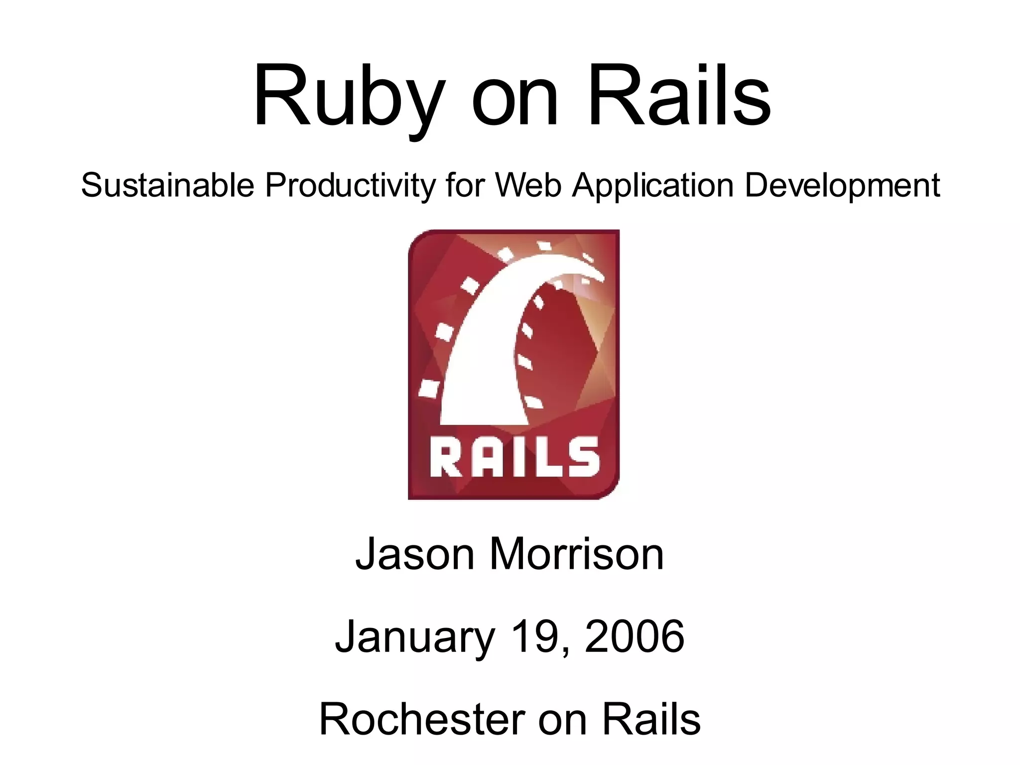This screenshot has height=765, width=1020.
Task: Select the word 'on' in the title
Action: [x=515, y=102]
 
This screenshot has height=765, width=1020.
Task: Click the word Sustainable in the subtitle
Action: [x=168, y=185]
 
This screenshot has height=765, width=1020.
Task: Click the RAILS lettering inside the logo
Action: [x=514, y=457]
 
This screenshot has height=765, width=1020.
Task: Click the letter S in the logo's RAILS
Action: [x=584, y=457]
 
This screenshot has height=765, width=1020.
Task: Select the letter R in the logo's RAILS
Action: [x=444, y=457]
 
